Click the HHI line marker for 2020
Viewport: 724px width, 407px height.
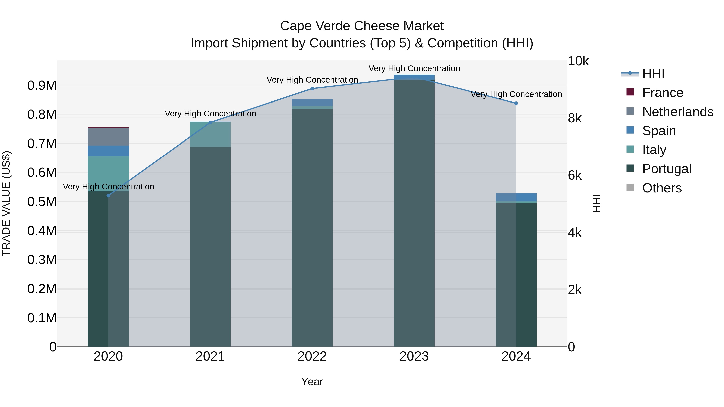click(108, 196)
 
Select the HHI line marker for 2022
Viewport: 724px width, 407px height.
click(312, 88)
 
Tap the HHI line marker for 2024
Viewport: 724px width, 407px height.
click(516, 103)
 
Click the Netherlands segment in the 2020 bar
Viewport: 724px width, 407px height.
click(108, 137)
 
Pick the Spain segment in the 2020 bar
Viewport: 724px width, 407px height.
click(108, 151)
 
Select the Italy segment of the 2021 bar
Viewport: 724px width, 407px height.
click(210, 134)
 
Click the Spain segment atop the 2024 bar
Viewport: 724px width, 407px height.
click(516, 197)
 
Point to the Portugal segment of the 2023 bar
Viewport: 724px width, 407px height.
click(414, 213)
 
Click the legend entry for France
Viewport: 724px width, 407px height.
click(662, 93)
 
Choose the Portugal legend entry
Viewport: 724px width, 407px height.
click(666, 169)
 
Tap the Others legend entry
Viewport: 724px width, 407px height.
click(662, 188)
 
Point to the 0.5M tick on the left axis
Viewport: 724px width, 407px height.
click(42, 202)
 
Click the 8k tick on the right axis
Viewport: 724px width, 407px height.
click(575, 118)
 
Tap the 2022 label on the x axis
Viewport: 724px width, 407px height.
click(312, 356)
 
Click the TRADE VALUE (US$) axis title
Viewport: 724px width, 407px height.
click(6, 203)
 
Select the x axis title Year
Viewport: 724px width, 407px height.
click(312, 382)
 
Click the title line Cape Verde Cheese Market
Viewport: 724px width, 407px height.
click(362, 26)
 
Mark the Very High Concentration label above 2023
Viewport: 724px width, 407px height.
click(414, 68)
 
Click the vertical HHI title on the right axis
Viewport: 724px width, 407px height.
click(596, 203)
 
